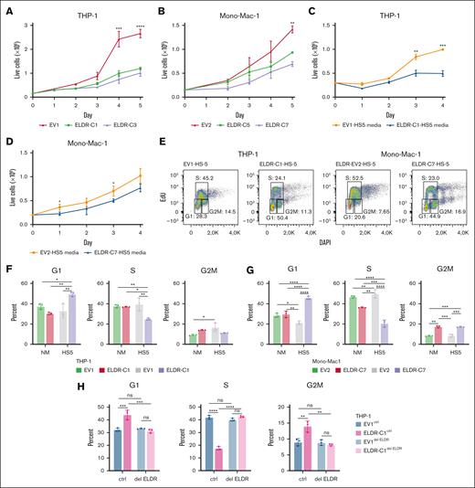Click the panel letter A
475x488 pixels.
tap(6, 7)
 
